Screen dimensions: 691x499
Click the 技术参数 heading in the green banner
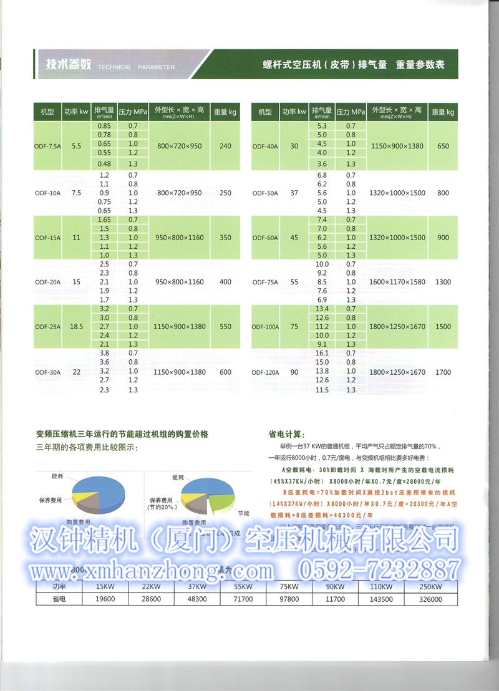pos(69,64)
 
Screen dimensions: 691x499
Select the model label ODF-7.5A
pos(48,146)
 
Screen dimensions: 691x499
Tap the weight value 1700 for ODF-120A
pos(443,372)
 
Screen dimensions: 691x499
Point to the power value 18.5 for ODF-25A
pos(77,326)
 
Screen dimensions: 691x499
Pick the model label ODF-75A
pos(265,282)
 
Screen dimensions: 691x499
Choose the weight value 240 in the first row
pos(225,146)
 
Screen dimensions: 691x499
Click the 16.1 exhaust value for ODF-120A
pos(322,353)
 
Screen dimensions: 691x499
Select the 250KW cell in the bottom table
pos(430,586)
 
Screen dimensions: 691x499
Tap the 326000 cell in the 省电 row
pos(430,598)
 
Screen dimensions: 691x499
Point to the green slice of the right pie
pos(222,498)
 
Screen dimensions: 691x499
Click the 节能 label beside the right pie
pos(243,512)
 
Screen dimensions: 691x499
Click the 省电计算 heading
pos(287,434)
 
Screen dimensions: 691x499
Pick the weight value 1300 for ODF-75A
pos(443,282)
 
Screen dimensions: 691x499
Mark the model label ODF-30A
pos(48,372)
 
